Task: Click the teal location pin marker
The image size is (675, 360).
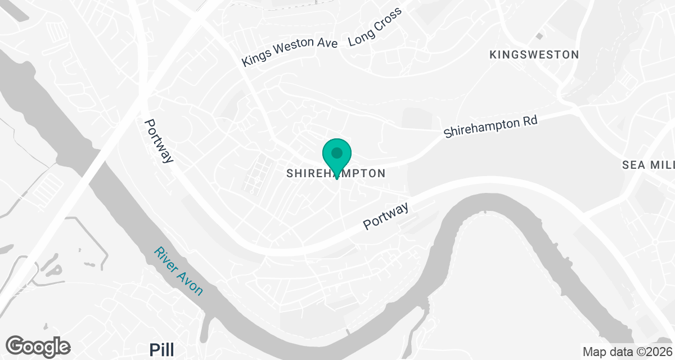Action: click(337, 157)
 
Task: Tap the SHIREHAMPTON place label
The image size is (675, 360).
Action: click(336, 173)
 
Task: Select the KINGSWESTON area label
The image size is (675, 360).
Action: click(534, 55)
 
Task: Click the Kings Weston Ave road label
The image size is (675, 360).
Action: click(289, 52)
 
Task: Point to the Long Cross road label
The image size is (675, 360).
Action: click(375, 28)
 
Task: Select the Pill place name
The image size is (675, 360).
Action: click(162, 349)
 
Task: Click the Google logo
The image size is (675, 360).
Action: click(38, 346)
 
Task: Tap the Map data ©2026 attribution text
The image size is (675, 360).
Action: click(627, 352)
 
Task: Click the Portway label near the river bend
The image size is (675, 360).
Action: click(386, 217)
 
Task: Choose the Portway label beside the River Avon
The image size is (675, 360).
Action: click(159, 141)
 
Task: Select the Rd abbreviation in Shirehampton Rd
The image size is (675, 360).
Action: click(529, 120)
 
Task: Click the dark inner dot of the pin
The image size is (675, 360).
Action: click(337, 152)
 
